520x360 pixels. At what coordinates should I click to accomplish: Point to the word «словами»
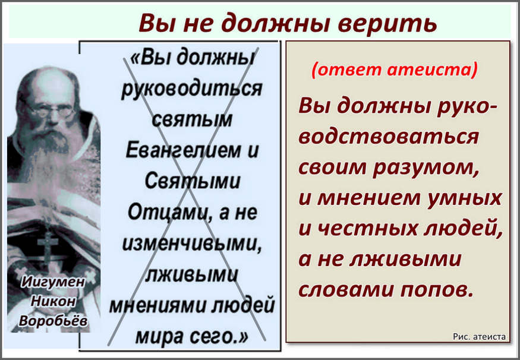tap(346, 289)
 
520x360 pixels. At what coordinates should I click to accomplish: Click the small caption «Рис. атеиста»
tap(480, 337)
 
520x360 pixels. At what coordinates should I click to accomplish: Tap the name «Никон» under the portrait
tap(53, 301)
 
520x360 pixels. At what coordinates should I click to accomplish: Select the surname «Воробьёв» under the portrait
tap(53, 320)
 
